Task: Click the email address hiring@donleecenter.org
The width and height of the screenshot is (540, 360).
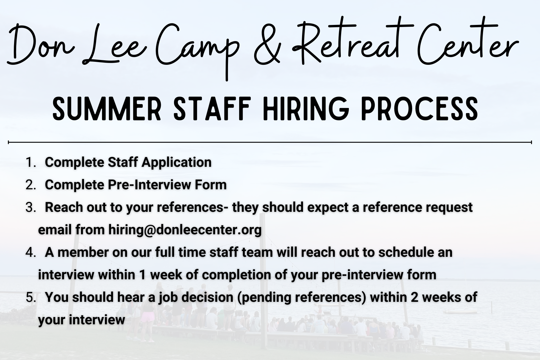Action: coord(185,230)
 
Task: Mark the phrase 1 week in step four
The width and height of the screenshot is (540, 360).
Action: coord(161,275)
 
